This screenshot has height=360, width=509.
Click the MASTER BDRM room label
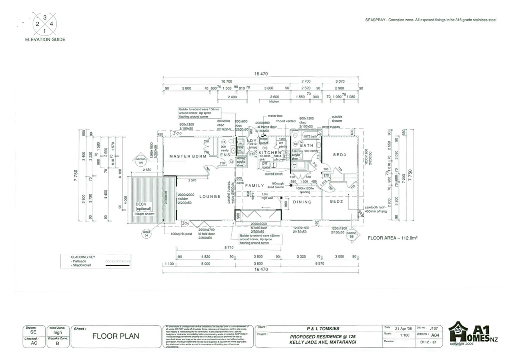188,156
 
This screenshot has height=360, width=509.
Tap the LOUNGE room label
210,197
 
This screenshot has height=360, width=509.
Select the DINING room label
302,202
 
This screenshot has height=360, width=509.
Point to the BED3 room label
340,155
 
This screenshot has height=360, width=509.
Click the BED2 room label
336,201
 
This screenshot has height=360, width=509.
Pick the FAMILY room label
254,185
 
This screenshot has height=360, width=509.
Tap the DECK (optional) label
143,207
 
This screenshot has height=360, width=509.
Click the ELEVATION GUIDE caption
45,39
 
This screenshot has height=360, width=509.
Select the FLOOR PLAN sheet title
116,336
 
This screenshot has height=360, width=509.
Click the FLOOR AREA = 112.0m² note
392,238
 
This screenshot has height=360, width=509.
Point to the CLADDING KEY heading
83,257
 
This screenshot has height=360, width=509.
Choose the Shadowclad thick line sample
117,265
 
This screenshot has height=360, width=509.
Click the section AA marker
141,161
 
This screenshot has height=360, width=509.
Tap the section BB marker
351,235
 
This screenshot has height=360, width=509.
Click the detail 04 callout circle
146,234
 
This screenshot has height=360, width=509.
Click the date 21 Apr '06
403,328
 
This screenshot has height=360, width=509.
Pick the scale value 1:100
405,335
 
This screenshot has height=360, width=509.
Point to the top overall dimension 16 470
261,74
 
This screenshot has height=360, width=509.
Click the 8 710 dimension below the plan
229,248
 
